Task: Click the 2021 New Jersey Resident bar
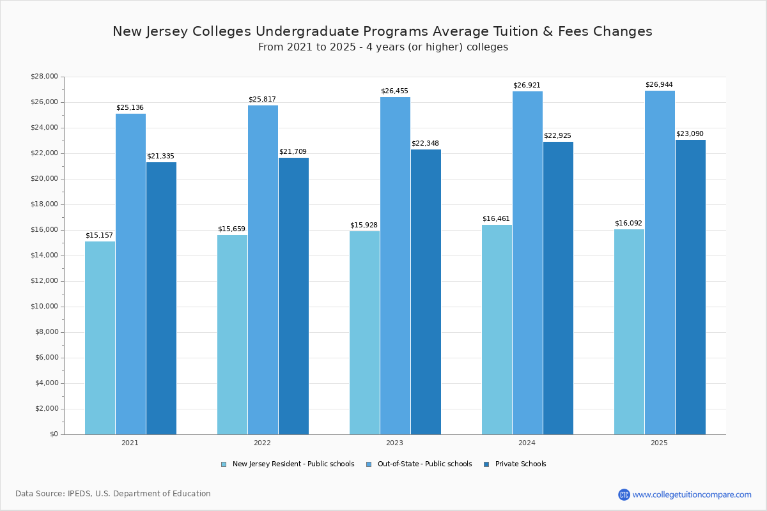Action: tap(100, 338)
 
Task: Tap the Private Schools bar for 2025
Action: tap(690, 287)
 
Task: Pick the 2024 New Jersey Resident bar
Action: tap(497, 330)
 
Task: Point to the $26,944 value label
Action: tap(659, 85)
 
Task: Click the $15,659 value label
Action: tap(231, 229)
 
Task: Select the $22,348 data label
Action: tap(425, 144)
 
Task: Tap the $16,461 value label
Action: tap(496, 219)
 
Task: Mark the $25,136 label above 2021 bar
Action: tap(130, 108)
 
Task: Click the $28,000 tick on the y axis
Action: tap(44, 77)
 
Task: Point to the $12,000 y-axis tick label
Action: tap(44, 281)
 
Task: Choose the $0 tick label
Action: tap(54, 434)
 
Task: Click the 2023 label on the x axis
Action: tap(394, 443)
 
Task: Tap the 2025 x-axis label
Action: tap(659, 443)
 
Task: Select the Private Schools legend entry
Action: tap(520, 464)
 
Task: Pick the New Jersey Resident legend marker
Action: tap(224, 464)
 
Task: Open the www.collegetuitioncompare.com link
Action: tap(692, 494)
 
